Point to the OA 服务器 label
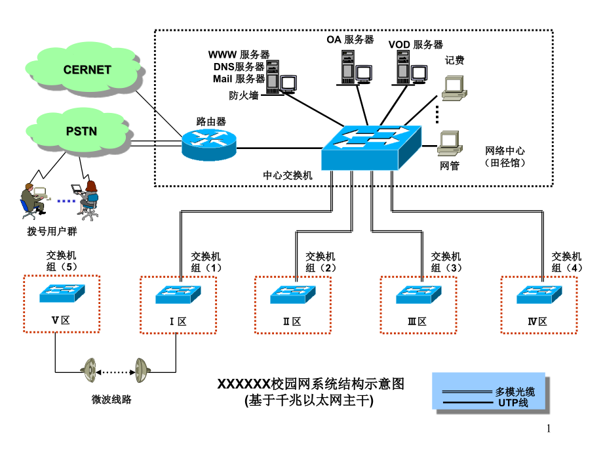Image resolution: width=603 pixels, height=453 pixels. [350, 39]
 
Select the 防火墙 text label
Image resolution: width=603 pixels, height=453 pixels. [243, 95]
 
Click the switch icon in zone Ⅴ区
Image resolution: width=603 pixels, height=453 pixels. [62, 293]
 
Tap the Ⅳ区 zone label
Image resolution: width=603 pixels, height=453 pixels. [537, 322]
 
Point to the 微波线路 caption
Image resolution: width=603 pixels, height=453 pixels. [111, 399]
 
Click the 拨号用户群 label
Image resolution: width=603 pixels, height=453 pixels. [47, 232]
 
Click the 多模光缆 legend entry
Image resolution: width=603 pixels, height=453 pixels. [515, 392]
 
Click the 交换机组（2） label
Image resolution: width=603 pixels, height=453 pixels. [320, 262]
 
